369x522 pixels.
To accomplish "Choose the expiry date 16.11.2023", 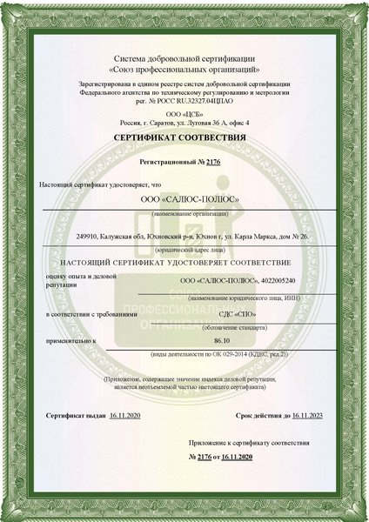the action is coord(307,417).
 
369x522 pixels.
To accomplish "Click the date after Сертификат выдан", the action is coord(125,417).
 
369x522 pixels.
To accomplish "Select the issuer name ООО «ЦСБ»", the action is coord(184,113).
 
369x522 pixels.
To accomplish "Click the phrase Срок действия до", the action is coord(263,417).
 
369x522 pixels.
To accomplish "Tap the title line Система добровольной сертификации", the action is coord(184,57).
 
